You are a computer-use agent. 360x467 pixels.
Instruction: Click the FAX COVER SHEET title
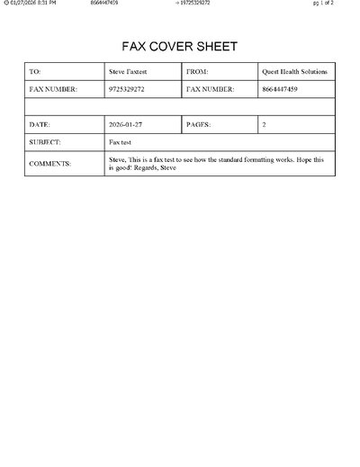pyautogui.click(x=179, y=47)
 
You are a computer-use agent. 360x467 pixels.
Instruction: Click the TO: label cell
pyautogui.click(x=35, y=71)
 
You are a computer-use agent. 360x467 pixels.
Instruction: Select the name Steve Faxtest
pyautogui.click(x=129, y=71)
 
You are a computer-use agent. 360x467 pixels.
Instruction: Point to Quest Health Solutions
pyautogui.click(x=294, y=71)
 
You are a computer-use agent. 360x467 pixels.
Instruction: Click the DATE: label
pyautogui.click(x=40, y=124)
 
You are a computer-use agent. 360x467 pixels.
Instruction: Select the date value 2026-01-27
pyautogui.click(x=127, y=124)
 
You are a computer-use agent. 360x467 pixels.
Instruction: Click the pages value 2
pyautogui.click(x=264, y=124)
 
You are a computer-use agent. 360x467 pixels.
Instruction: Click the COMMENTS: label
pyautogui.click(x=50, y=163)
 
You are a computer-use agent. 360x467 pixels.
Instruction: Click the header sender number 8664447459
pyautogui.click(x=104, y=4)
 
